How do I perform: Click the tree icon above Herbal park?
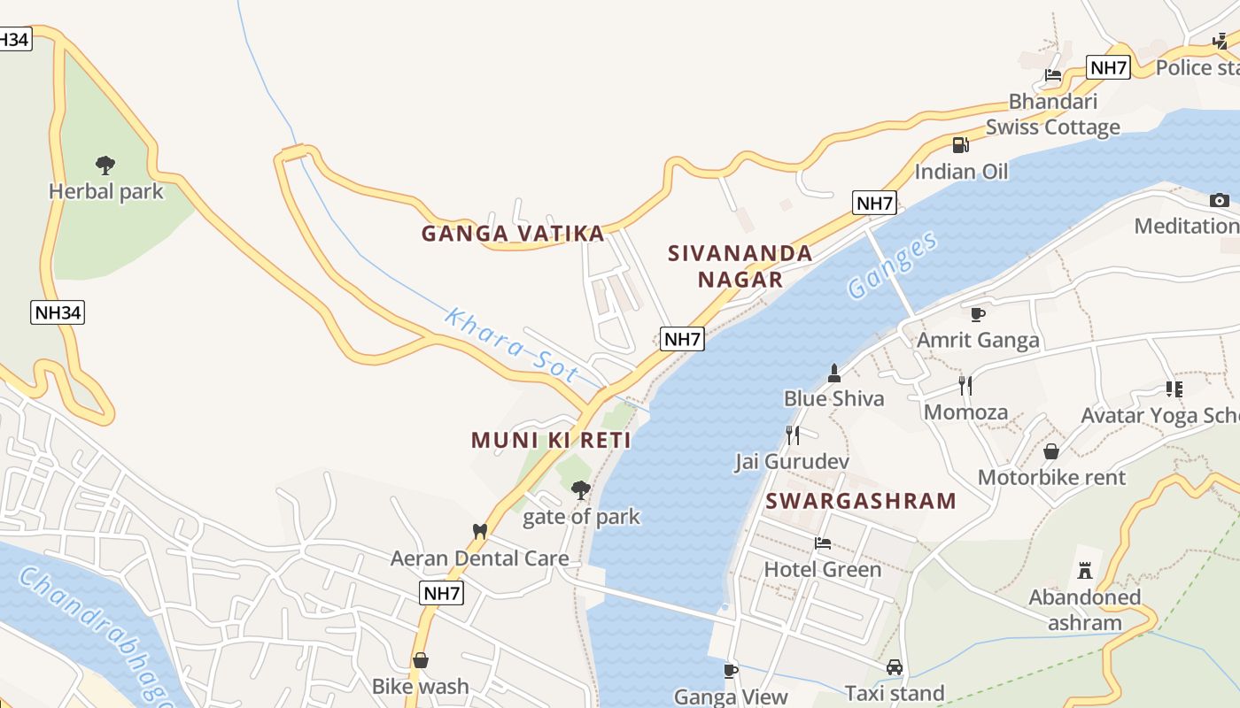[105, 165]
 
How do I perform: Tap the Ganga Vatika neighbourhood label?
[513, 234]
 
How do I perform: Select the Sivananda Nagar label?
[740, 266]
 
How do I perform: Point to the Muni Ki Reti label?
[551, 440]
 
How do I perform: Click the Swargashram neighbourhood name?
[861, 501]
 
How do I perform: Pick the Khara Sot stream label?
[511, 345]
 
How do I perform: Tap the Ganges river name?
[892, 265]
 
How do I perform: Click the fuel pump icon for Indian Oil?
[960, 145]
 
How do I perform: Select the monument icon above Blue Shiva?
[833, 373]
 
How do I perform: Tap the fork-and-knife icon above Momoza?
[965, 385]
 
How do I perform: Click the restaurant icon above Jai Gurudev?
[793, 435]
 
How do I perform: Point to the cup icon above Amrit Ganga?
[978, 313]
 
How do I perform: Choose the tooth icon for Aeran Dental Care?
[480, 531]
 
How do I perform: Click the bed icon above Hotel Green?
[823, 543]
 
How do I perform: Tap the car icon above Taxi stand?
[895, 667]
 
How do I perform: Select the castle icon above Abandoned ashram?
[1084, 570]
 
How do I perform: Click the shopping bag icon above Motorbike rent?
[1051, 451]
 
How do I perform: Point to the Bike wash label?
[420, 686]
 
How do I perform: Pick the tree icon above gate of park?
[581, 489]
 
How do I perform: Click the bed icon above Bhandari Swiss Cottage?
[1053, 75]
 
